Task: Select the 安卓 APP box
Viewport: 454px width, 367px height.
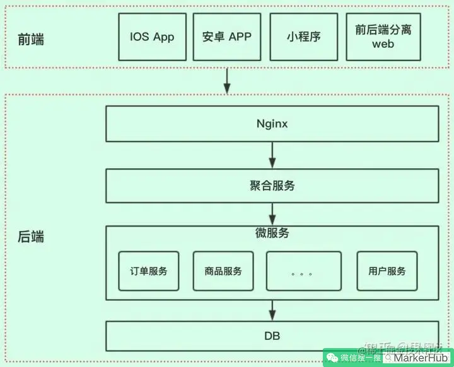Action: [x=227, y=37]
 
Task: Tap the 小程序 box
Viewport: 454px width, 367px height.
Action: [x=303, y=37]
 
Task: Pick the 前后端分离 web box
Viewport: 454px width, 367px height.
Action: [x=383, y=37]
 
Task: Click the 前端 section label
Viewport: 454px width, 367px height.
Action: [x=31, y=40]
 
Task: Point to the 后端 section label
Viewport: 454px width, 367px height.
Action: [x=31, y=237]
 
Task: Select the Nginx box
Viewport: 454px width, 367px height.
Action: [x=272, y=124]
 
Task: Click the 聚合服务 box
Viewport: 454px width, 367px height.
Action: [x=272, y=186]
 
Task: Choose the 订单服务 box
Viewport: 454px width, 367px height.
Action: [x=149, y=271]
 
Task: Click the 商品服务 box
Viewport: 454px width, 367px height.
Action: [x=223, y=271]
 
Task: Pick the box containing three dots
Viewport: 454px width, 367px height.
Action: [x=303, y=271]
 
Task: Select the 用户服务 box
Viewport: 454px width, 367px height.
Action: [x=387, y=271]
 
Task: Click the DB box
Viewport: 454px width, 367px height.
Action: [x=272, y=337]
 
